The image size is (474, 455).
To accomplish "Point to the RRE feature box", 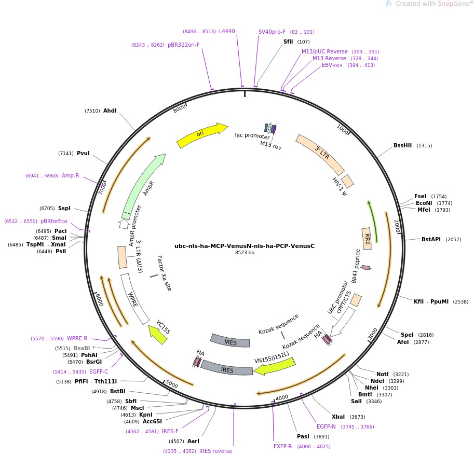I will click(x=367, y=238).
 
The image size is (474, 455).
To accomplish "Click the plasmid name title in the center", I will click(x=245, y=246).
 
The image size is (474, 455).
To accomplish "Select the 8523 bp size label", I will click(x=245, y=253).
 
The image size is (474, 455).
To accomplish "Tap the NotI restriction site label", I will click(x=382, y=374).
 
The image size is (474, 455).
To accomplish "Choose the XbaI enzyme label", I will click(x=338, y=417).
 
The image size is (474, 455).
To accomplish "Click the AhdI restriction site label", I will click(x=110, y=111).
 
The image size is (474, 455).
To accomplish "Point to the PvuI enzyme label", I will click(x=83, y=153).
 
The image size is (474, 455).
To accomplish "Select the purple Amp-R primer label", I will click(x=71, y=175).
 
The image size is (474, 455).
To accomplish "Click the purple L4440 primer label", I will click(x=227, y=31).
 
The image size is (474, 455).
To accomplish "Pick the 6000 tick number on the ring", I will click(x=99, y=300).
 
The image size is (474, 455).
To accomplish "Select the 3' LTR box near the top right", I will click(x=320, y=154).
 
